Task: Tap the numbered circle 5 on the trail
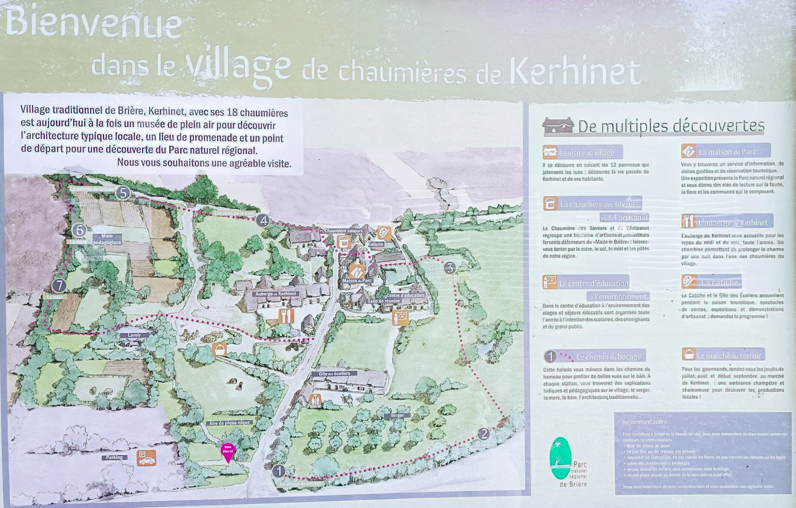(x=123, y=193)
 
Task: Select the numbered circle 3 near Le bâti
(x=450, y=268)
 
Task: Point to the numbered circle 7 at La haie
(x=59, y=286)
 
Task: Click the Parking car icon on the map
(x=147, y=458)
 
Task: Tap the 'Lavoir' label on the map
(x=134, y=335)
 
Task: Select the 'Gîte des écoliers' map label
(x=334, y=373)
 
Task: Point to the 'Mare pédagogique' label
(x=107, y=239)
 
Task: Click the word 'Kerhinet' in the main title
(x=575, y=73)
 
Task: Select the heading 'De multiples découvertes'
(x=671, y=126)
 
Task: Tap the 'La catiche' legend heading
(x=719, y=282)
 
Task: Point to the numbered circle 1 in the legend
(x=550, y=356)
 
